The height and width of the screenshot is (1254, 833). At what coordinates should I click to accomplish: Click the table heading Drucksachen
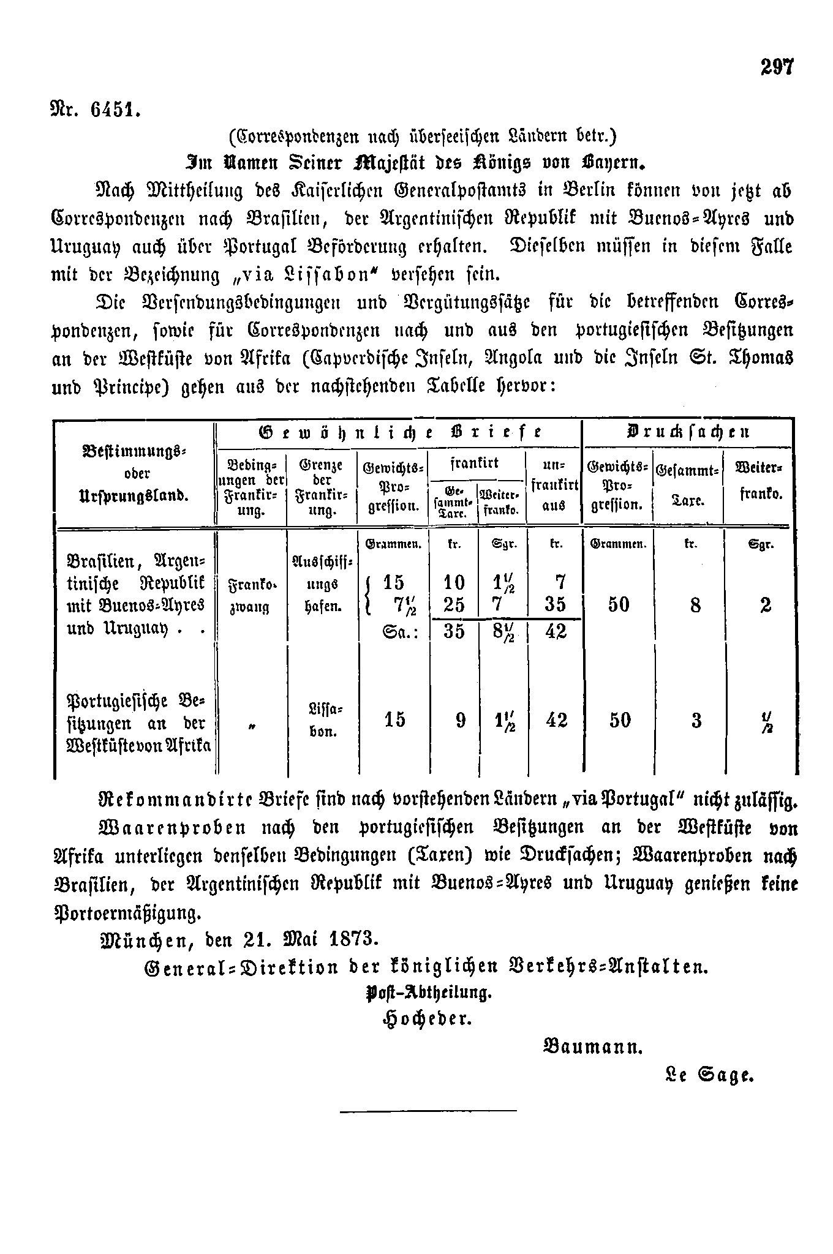tap(687, 432)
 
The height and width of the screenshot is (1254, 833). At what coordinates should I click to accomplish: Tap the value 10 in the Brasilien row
tap(454, 582)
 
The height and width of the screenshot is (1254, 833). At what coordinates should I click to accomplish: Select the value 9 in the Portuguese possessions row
tap(461, 720)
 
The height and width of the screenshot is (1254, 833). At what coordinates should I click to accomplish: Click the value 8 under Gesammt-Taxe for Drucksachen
tap(695, 606)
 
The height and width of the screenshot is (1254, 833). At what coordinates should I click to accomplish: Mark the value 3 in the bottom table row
tap(696, 720)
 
